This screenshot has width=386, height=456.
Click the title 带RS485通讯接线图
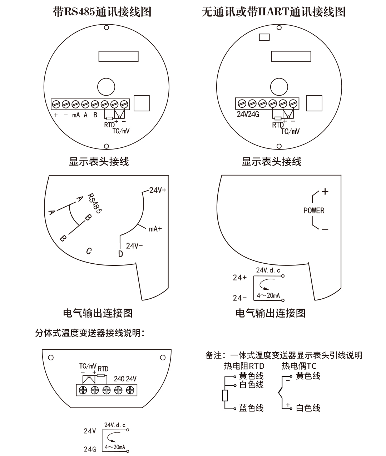pyautogui.click(x=102, y=12)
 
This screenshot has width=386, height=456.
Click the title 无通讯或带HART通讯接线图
pyautogui.click(x=273, y=12)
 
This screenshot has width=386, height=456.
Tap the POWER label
pyautogui.click(x=314, y=211)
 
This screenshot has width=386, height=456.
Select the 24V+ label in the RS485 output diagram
pyautogui.click(x=158, y=190)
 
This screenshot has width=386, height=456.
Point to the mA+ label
pyautogui.click(x=155, y=229)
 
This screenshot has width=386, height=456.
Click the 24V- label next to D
pyautogui.click(x=134, y=246)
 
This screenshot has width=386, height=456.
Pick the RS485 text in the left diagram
pyautogui.click(x=95, y=203)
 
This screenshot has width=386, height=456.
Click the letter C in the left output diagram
pyautogui.click(x=89, y=251)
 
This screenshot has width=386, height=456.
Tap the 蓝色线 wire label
pyautogui.click(x=251, y=408)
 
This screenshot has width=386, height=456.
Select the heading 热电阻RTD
pyautogui.click(x=244, y=366)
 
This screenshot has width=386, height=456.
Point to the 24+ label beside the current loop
pyautogui.click(x=239, y=278)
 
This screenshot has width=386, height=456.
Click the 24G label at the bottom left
pyautogui.click(x=90, y=449)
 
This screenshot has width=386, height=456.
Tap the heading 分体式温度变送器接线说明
pyautogui.click(x=89, y=333)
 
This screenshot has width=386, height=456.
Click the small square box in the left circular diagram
pyautogui.click(x=142, y=103)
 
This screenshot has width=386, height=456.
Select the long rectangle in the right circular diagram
pyautogui.click(x=291, y=56)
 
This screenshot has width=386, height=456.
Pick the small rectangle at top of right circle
pyautogui.click(x=264, y=37)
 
